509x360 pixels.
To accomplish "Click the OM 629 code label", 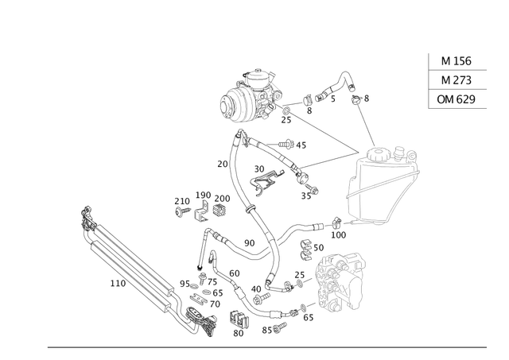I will (457, 99).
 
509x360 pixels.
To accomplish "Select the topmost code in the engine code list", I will (457, 60).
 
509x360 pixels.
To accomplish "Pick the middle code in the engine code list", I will (457, 79).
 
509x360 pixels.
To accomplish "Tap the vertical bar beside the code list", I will (430, 79).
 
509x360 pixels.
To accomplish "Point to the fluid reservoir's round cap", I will (391, 153).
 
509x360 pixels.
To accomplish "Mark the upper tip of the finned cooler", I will (86, 208).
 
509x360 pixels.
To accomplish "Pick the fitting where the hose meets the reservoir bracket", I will (338, 226).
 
